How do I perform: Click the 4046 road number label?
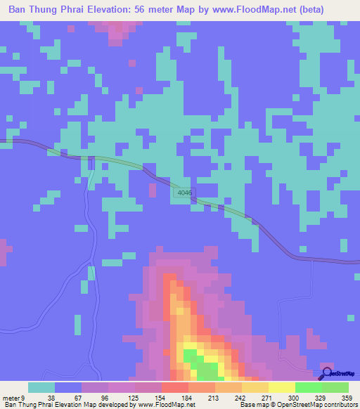tap(184, 192)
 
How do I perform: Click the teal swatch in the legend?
tap(41, 387)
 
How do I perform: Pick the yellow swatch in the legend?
tap(281, 387)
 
